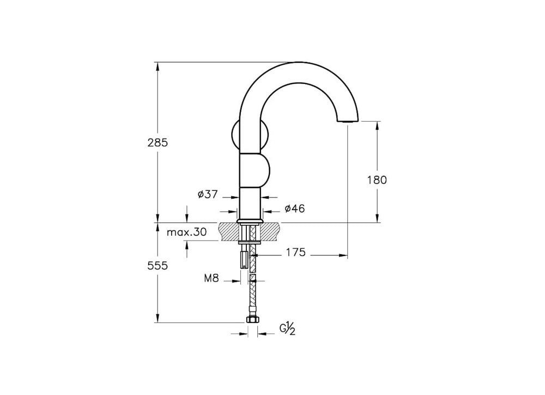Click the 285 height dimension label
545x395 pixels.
(x=158, y=142)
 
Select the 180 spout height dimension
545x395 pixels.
(x=377, y=180)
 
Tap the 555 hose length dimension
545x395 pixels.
(x=158, y=266)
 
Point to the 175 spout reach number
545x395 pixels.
(x=296, y=252)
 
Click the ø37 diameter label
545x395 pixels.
(x=208, y=195)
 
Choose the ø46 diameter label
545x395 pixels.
(x=294, y=208)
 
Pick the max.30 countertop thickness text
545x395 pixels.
(x=186, y=232)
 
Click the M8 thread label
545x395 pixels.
(x=211, y=278)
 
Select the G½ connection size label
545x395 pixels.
(x=287, y=329)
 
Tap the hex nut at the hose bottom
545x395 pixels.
(x=252, y=319)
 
